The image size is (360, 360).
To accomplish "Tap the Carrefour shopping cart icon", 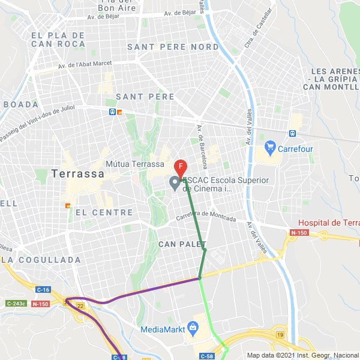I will coord(269,147).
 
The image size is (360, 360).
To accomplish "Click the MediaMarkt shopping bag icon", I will coord(193,328).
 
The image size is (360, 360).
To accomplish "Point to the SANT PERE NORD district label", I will coord(173,47).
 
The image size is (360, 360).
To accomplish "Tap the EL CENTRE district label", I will coord(104,212).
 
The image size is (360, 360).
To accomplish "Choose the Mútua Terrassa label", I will coord(134,164).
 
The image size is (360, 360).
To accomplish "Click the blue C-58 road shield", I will coord(207,356).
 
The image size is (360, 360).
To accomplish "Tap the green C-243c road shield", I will coord(16,304).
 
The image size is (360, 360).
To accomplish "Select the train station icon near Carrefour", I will coord(292,134).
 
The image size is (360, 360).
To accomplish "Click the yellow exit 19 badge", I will coord(280,335).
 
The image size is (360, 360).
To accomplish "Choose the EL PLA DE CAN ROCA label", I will coord(58,40).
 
